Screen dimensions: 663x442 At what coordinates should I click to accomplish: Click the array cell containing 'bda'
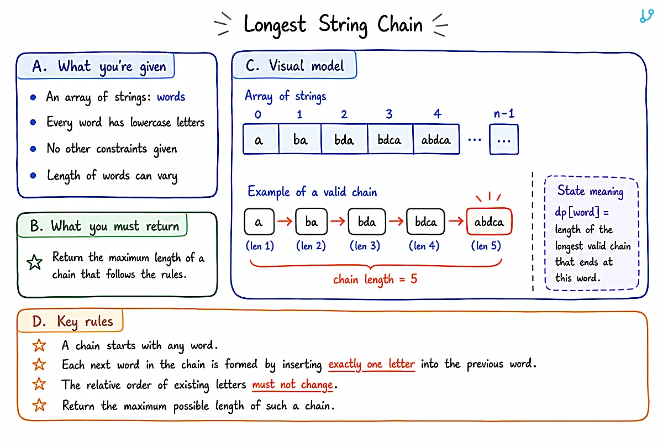coord(344,139)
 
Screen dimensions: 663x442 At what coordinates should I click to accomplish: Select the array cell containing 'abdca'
coord(436,139)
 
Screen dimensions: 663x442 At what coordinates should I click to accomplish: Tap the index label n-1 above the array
coord(504,113)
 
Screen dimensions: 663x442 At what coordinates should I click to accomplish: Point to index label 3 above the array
coord(389,114)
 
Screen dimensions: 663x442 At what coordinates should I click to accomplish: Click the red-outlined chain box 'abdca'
coord(489,222)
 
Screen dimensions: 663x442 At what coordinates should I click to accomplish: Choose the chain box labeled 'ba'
coord(312,222)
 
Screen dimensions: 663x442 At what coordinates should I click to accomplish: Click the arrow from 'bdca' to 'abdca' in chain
coord(456,221)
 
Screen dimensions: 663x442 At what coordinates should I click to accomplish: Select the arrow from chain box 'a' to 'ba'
coord(285,221)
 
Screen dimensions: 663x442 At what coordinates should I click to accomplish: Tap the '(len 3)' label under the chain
coord(365,246)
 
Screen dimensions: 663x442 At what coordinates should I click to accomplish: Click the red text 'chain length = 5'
coord(375,279)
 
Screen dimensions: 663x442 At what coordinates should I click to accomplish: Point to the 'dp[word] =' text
coord(582,212)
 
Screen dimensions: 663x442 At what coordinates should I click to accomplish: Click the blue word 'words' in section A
coord(171,97)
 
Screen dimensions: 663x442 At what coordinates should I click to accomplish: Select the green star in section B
coord(35,262)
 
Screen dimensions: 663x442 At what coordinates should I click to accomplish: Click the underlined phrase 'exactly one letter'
coord(371,364)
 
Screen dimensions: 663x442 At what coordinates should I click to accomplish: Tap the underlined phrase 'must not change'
coord(292,385)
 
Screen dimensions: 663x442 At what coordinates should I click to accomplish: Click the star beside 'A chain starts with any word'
coord(39,345)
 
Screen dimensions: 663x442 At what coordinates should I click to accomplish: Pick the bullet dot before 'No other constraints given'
coord(33,149)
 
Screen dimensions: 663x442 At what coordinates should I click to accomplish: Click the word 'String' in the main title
coord(343,25)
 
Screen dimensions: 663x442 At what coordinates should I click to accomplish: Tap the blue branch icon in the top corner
coord(646,15)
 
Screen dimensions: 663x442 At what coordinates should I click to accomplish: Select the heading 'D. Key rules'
coord(72,321)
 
